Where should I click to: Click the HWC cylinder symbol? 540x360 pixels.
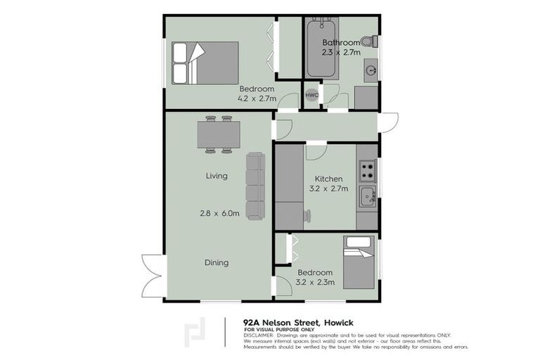(x=311, y=95)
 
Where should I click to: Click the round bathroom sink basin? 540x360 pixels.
(x=370, y=69)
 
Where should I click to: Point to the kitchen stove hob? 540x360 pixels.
(x=366, y=169)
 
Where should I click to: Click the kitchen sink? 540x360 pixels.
(x=366, y=196)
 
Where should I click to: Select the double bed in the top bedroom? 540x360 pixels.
(x=205, y=63)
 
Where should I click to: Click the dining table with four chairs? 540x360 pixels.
(x=218, y=134)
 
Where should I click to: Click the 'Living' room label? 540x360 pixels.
(x=217, y=176)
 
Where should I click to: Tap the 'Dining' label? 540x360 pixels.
(x=217, y=263)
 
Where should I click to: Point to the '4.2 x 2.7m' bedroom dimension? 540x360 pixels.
(x=256, y=99)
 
